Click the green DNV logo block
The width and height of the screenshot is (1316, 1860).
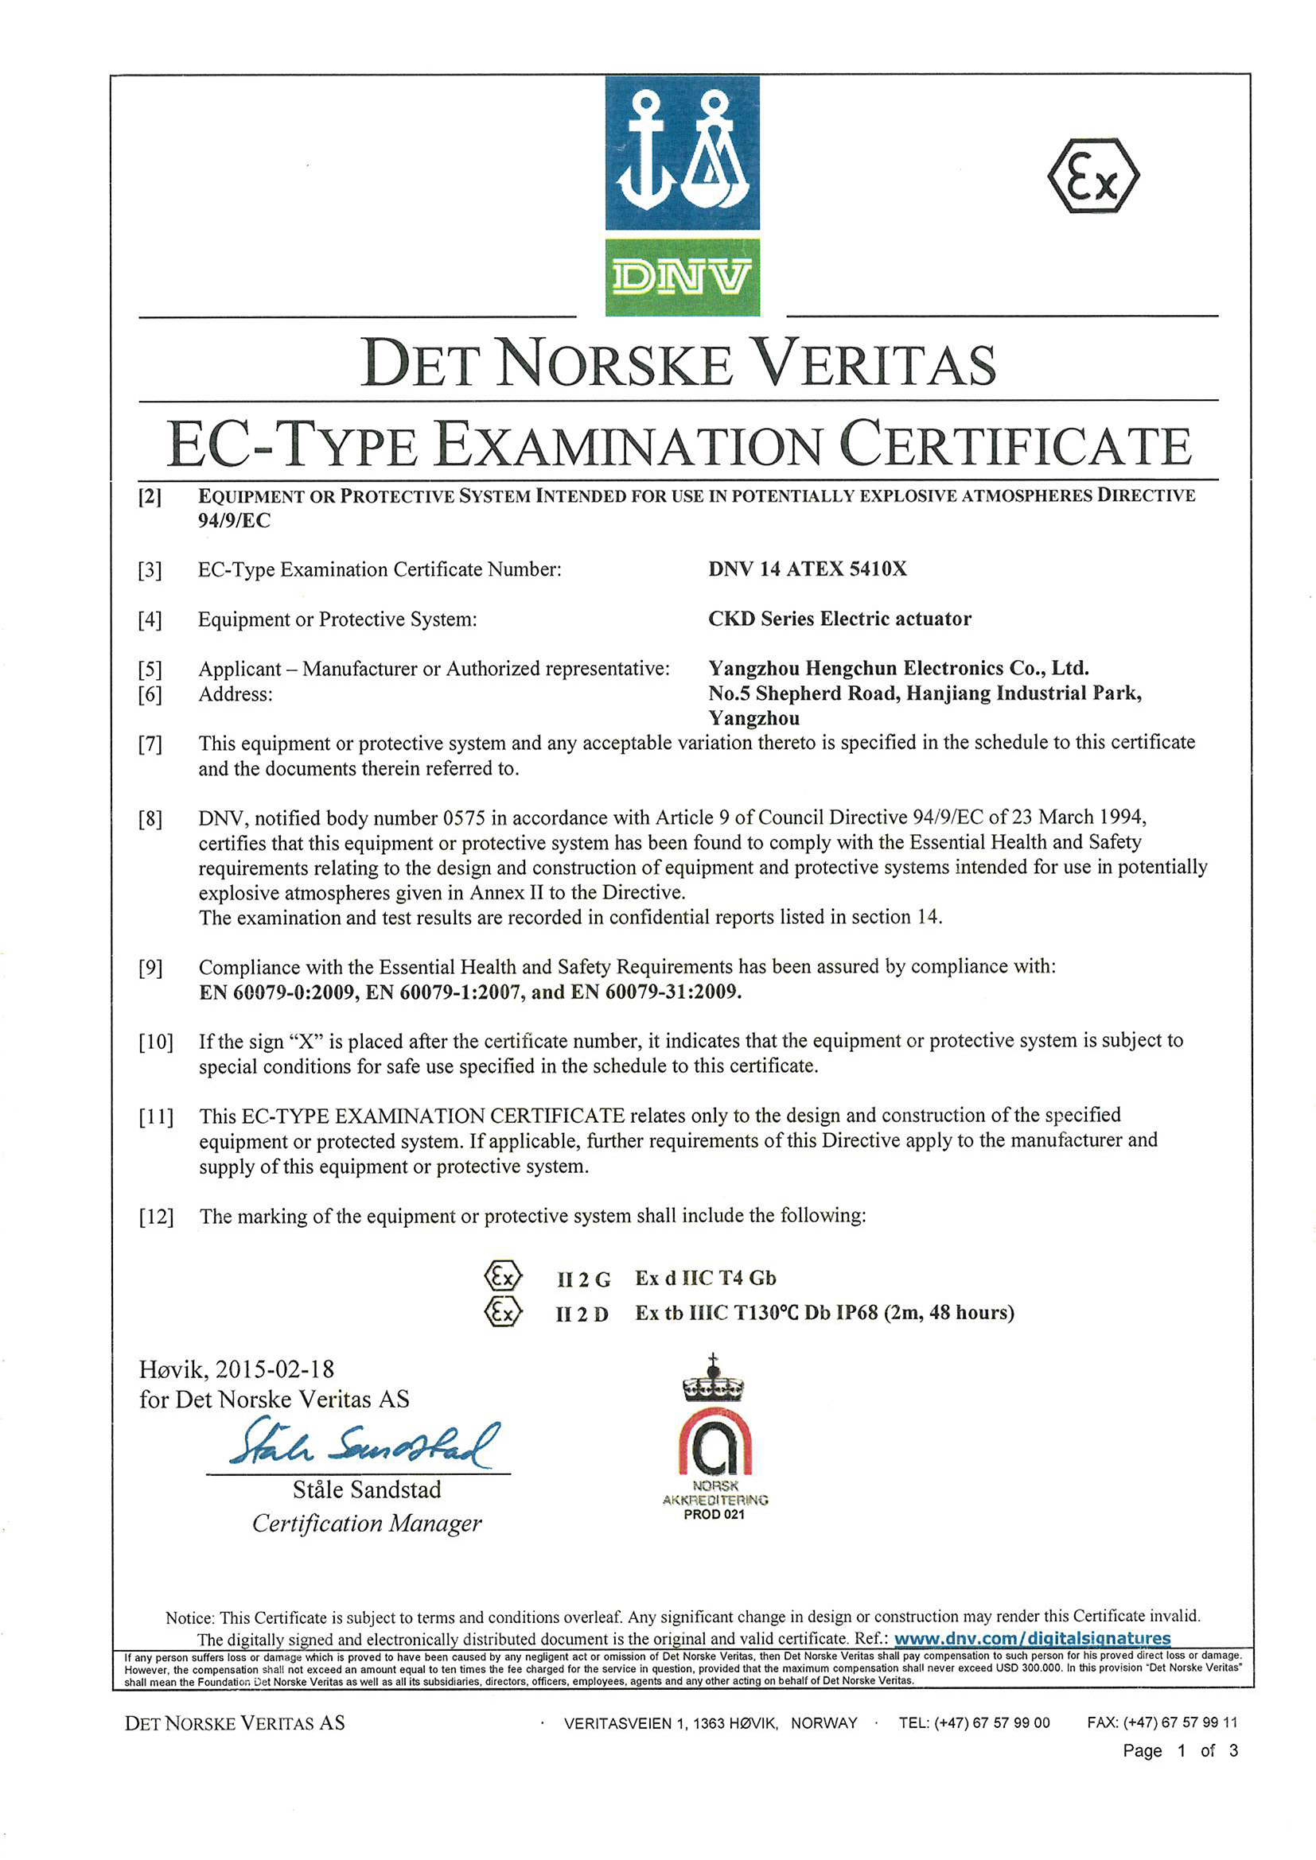click(683, 277)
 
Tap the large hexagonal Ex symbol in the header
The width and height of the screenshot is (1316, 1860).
click(1093, 176)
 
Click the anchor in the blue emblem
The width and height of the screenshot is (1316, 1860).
click(645, 154)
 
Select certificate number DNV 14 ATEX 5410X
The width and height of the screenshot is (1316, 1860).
click(807, 569)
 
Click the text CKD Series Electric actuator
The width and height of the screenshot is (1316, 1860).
click(839, 619)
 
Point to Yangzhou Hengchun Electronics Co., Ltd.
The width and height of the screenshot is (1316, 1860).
click(897, 668)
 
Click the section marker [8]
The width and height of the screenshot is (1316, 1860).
click(150, 819)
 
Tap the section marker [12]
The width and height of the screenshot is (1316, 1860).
click(156, 1217)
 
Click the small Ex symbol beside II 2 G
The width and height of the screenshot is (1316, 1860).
click(503, 1278)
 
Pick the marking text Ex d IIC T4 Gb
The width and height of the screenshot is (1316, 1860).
click(705, 1279)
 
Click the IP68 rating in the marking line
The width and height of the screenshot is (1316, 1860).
click(857, 1312)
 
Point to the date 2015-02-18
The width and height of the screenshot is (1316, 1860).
click(274, 1369)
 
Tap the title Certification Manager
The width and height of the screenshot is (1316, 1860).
click(366, 1524)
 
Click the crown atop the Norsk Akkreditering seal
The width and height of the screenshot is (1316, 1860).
click(713, 1380)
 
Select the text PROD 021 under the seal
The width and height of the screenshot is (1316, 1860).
click(713, 1514)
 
